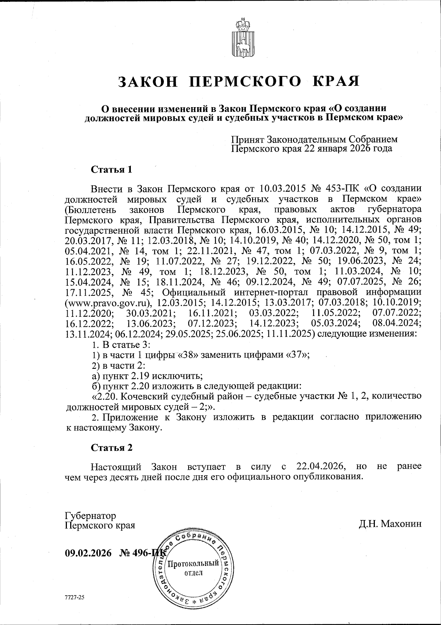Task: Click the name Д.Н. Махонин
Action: tap(390, 524)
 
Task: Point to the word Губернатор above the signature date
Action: tap(90, 516)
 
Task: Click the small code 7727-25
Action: tap(75, 597)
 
